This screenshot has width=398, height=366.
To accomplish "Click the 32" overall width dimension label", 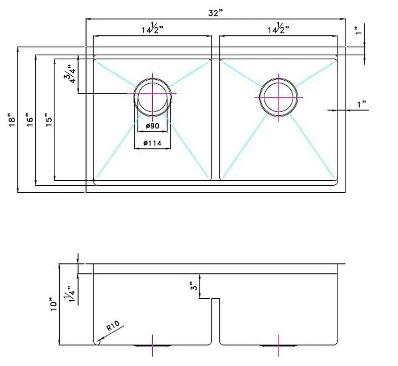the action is click(215, 13).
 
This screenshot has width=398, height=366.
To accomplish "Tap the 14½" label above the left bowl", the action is click(152, 28).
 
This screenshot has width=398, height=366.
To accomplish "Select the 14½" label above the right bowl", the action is click(278, 28).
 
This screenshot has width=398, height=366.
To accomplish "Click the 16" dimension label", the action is click(30, 120).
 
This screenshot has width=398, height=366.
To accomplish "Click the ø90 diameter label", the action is click(153, 125).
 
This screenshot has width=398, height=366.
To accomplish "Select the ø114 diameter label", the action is click(152, 143).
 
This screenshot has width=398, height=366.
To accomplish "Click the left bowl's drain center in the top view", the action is click(153, 94).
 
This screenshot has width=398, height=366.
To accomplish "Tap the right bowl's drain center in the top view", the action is click(279, 97).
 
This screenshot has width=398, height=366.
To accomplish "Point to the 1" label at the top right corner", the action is click(358, 30).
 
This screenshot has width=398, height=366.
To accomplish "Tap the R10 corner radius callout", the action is click(113, 326).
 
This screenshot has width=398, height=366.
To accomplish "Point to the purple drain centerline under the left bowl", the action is click(153, 346).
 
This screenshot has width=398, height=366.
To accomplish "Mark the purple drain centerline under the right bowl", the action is click(279, 346).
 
